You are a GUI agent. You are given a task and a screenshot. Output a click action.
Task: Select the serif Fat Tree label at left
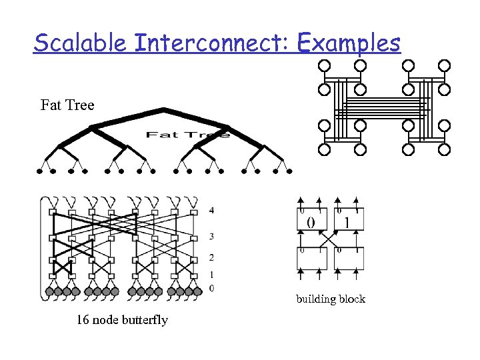click(67, 105)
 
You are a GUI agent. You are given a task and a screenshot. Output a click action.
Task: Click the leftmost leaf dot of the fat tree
click(39, 171)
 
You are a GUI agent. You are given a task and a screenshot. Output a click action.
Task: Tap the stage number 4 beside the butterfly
click(211, 211)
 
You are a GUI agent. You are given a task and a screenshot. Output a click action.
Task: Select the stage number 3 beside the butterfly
click(211, 237)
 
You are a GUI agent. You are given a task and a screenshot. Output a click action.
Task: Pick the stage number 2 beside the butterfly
click(211, 257)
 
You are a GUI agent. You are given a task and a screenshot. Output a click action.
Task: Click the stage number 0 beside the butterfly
click(211, 288)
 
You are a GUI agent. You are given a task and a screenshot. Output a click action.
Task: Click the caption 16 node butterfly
click(122, 320)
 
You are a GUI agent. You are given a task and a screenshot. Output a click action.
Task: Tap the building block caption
click(331, 299)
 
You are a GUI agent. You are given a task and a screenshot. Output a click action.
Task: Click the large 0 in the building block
click(311, 222)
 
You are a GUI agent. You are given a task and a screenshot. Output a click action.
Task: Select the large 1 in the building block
click(347, 222)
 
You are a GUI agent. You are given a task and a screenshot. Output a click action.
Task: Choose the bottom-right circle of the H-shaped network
click(444, 150)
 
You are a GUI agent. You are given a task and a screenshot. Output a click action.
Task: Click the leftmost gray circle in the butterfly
click(49, 291)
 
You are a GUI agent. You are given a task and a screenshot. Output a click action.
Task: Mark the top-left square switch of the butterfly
click(52, 212)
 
